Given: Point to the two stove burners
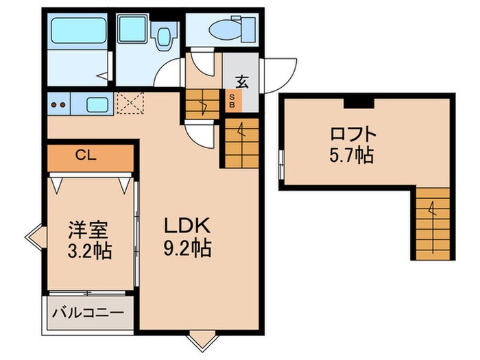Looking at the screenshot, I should (x=59, y=106).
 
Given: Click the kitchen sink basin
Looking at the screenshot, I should (x=97, y=106).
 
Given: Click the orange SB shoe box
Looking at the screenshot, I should (x=232, y=102).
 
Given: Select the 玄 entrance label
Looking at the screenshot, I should (x=242, y=81).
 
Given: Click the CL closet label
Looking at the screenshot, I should (x=86, y=155).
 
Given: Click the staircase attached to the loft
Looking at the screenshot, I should (x=431, y=224).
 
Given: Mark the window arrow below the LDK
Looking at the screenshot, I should (x=201, y=339).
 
